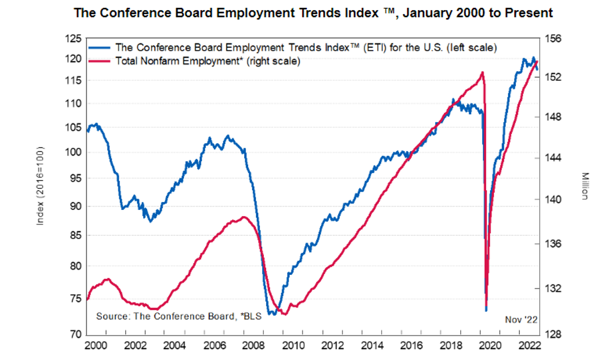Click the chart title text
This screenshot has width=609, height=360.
click(x=314, y=12)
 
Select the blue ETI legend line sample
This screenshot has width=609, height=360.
click(x=101, y=48)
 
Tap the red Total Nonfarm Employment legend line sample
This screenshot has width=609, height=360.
click(x=101, y=61)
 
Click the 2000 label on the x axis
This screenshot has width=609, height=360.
click(x=95, y=345)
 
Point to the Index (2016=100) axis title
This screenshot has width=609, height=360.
click(x=40, y=187)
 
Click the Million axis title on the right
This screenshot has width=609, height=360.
click(x=585, y=186)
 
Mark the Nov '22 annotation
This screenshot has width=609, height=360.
click(x=520, y=319)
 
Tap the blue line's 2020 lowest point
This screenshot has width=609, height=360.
click(x=486, y=310)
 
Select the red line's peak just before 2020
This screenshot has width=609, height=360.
click(x=482, y=72)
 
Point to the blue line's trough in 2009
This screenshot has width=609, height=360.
click(x=272, y=314)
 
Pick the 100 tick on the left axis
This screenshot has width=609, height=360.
click(x=74, y=152)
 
